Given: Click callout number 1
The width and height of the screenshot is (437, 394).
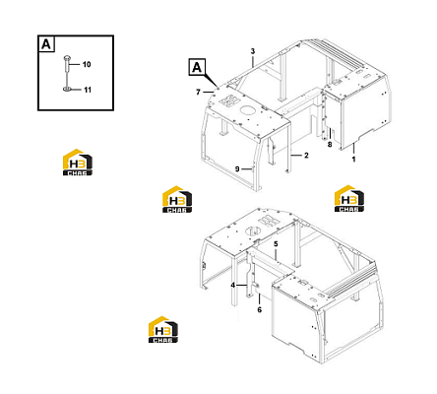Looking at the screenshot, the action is coord(353,160).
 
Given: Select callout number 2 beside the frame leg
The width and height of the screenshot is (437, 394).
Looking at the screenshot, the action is coord(306,156).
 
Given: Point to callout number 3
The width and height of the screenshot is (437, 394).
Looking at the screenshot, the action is coord(253,51).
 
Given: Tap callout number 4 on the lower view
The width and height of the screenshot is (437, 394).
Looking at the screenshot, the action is coord(232,286).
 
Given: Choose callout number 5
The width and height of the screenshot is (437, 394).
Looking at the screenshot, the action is coord(276,244).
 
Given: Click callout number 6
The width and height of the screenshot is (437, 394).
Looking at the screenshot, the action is coord(260,309).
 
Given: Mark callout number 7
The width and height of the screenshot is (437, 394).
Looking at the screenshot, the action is coord(198,93).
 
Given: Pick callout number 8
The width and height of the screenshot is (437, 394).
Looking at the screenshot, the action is coord(330,144).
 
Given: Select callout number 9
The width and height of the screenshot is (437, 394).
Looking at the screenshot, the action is coord(237,169).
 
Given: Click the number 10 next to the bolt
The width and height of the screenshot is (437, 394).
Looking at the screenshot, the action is coord(87,64).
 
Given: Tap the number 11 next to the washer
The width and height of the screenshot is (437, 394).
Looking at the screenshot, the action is coord(88,90).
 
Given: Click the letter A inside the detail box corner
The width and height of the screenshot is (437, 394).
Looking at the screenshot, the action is coord(46,44).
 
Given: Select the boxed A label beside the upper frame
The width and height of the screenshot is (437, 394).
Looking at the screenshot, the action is coord(197,67).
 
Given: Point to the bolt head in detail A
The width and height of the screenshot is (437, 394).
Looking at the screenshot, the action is coord(67,58).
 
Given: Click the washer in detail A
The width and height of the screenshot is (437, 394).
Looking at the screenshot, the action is coord(67,89).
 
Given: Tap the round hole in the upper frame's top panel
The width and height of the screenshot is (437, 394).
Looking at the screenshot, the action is coord(248,110).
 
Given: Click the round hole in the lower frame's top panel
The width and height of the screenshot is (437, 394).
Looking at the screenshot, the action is coord(254,230).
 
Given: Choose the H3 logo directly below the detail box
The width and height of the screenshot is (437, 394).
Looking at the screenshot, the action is coord(78,163).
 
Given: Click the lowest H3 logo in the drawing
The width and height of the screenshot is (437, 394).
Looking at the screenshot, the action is coord(163,330).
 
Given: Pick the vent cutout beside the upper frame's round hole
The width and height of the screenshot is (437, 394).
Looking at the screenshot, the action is coord(228,100).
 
